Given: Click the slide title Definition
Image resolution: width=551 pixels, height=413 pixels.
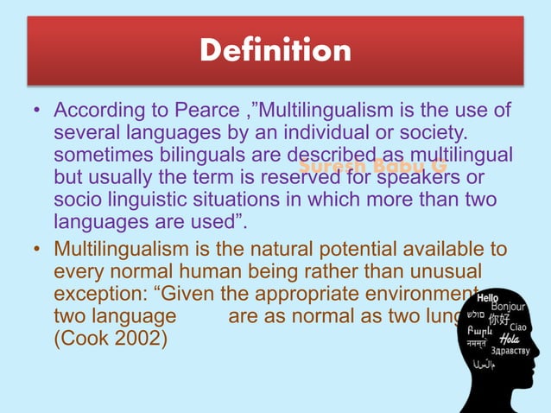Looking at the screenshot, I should [x=275, y=51].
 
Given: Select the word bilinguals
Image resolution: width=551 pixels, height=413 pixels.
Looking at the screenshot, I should [x=176, y=156].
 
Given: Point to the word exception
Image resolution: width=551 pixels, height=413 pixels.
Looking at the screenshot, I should [x=97, y=293].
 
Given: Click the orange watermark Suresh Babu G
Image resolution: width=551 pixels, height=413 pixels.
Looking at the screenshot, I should [x=372, y=165].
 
